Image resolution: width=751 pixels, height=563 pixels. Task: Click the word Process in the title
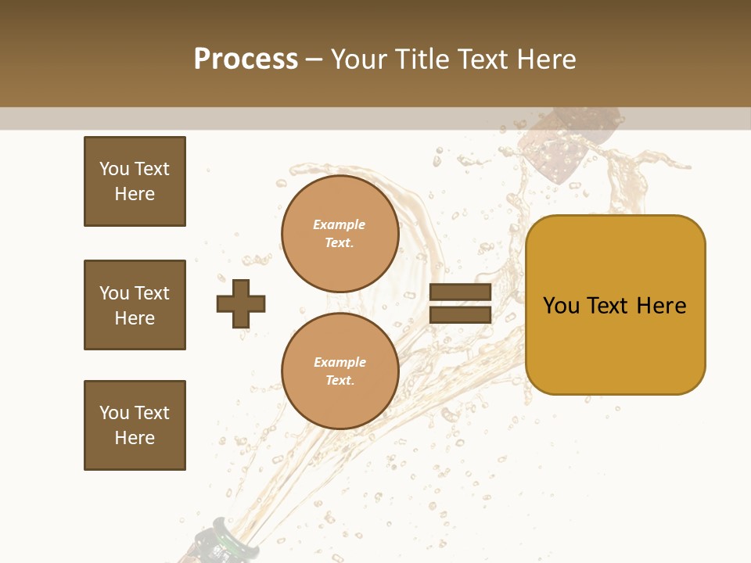[x=246, y=59]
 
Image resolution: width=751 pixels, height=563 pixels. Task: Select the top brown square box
[x=135, y=181]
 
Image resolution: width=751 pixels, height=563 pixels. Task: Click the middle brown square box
[x=135, y=305]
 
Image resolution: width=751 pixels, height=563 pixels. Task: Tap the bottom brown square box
[x=135, y=425]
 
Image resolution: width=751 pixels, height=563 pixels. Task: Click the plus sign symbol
[x=241, y=303]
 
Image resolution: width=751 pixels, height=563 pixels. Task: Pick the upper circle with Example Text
[x=340, y=234]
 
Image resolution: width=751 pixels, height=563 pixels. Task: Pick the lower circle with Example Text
[x=340, y=371]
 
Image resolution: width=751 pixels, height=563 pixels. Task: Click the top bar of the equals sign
[x=460, y=292]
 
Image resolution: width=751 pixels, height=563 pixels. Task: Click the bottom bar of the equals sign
[x=460, y=314]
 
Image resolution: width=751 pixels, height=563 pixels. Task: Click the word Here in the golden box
[x=661, y=306]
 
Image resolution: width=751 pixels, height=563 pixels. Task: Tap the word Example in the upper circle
[x=339, y=225]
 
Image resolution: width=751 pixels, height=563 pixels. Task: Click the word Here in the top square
[x=135, y=194]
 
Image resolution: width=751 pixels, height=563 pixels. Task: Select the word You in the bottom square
[x=114, y=413]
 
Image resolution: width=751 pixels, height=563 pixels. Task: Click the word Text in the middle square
[x=152, y=293]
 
